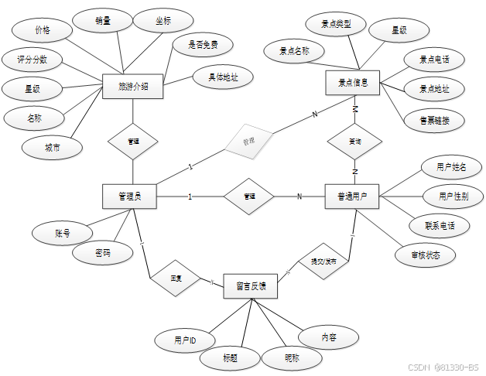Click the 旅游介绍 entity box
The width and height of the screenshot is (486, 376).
pos(132,87)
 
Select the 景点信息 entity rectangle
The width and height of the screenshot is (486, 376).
pos(353,82)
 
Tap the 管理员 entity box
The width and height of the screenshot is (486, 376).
pos(129,197)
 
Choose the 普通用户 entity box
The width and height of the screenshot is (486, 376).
pos(352,197)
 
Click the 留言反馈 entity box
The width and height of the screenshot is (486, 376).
pos(251,285)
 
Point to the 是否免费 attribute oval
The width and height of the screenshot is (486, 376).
pos(203,45)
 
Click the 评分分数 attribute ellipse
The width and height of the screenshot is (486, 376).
pos(33,60)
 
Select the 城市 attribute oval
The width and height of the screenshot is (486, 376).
pos(53,147)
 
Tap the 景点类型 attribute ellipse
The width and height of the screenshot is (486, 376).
pos(336,25)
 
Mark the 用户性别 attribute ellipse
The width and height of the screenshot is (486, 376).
pos(453,196)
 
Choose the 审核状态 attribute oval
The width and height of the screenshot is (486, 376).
pos(424,254)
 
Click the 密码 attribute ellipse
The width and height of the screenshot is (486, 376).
pos(102,253)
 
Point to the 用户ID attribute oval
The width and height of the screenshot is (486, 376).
pos(185,340)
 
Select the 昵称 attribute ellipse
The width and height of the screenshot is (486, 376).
pos(291,357)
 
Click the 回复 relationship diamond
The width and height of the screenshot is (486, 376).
pos(175,276)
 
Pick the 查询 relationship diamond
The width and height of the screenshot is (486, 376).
pos(354,142)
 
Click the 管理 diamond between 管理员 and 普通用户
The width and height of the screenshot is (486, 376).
pos(249,197)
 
